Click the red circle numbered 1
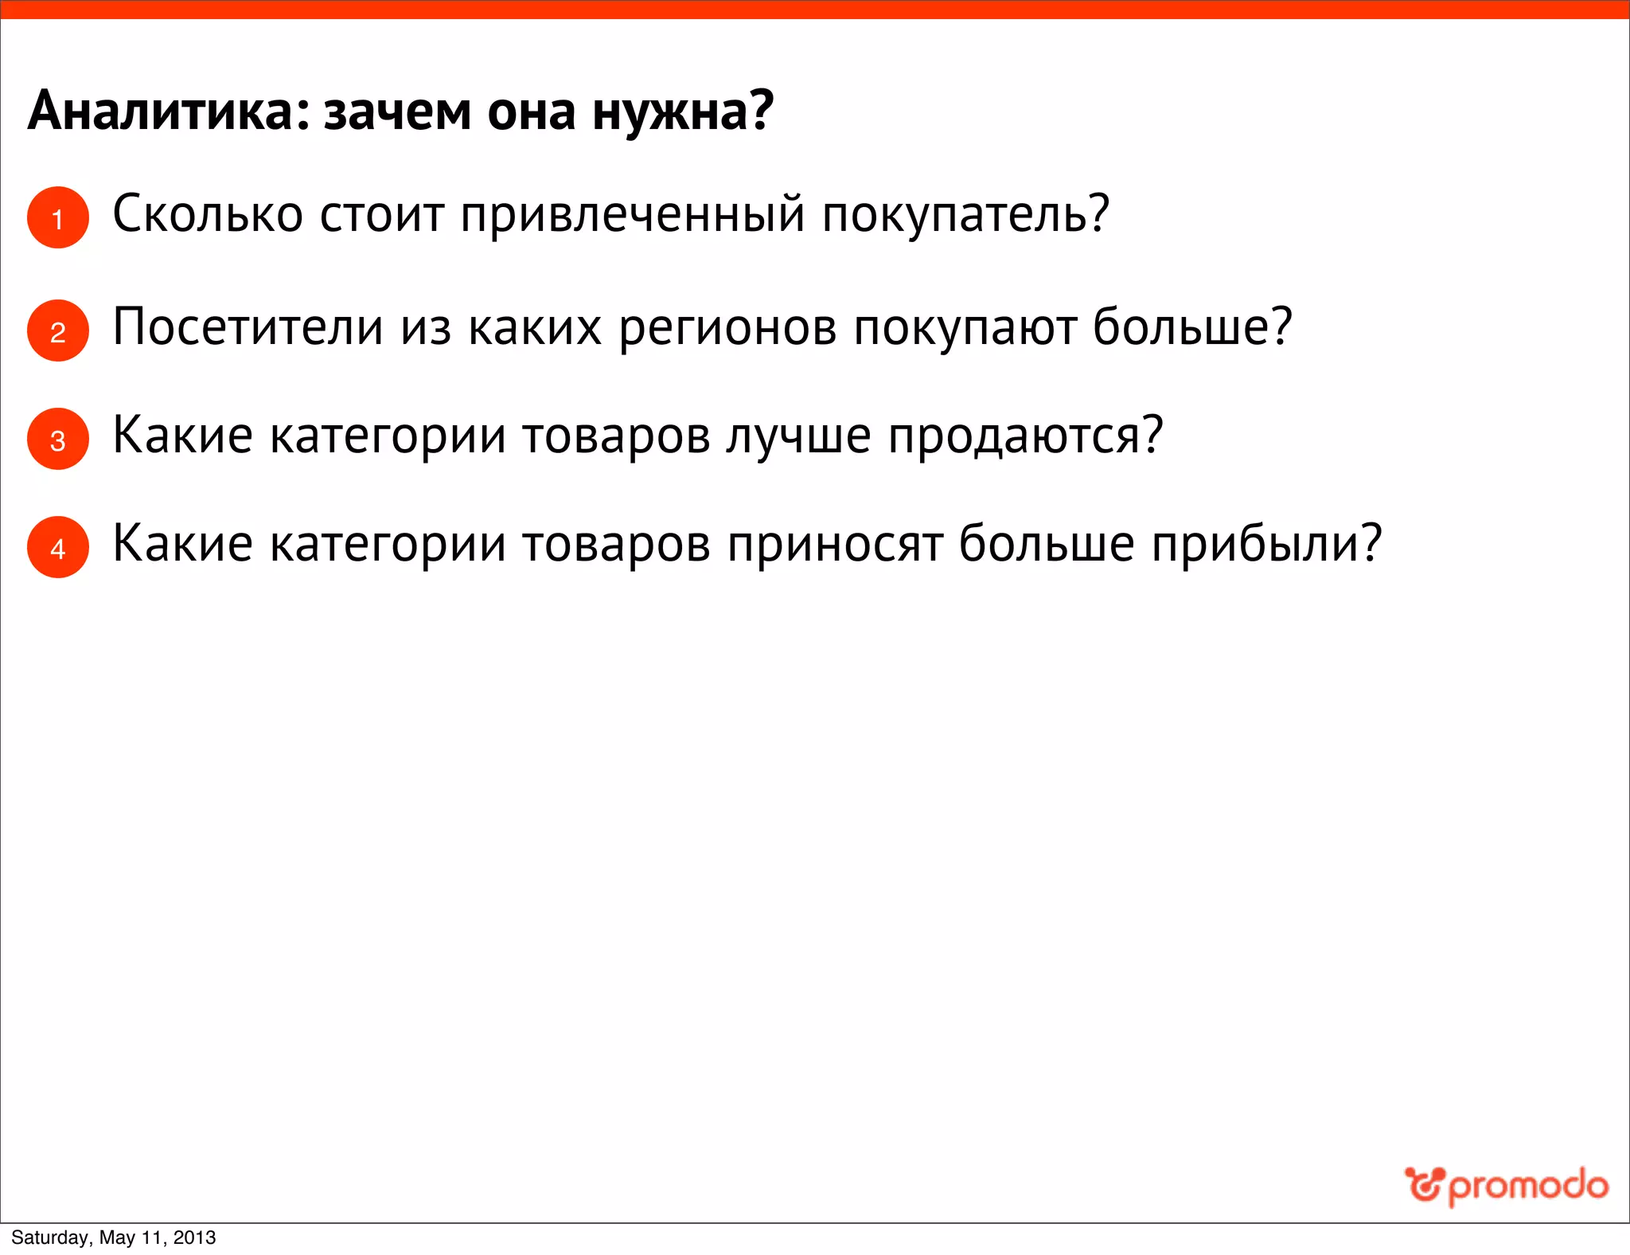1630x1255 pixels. [57, 217]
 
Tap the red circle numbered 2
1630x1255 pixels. [57, 330]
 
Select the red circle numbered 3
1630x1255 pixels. [57, 439]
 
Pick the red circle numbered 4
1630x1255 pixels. [57, 547]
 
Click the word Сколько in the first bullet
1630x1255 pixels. [208, 214]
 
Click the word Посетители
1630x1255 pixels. [248, 327]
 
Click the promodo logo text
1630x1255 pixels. [1528, 1187]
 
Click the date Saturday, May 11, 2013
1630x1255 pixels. [113, 1237]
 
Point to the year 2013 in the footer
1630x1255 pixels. [194, 1237]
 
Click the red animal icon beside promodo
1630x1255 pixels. [1424, 1184]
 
